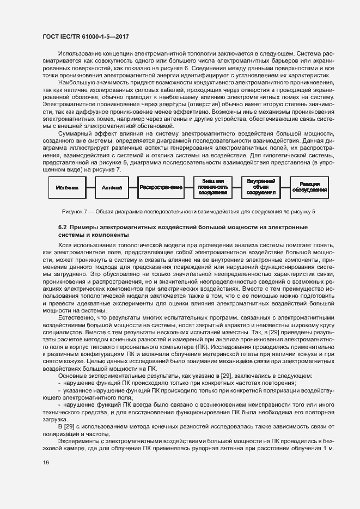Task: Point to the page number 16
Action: click(x=46, y=462)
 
